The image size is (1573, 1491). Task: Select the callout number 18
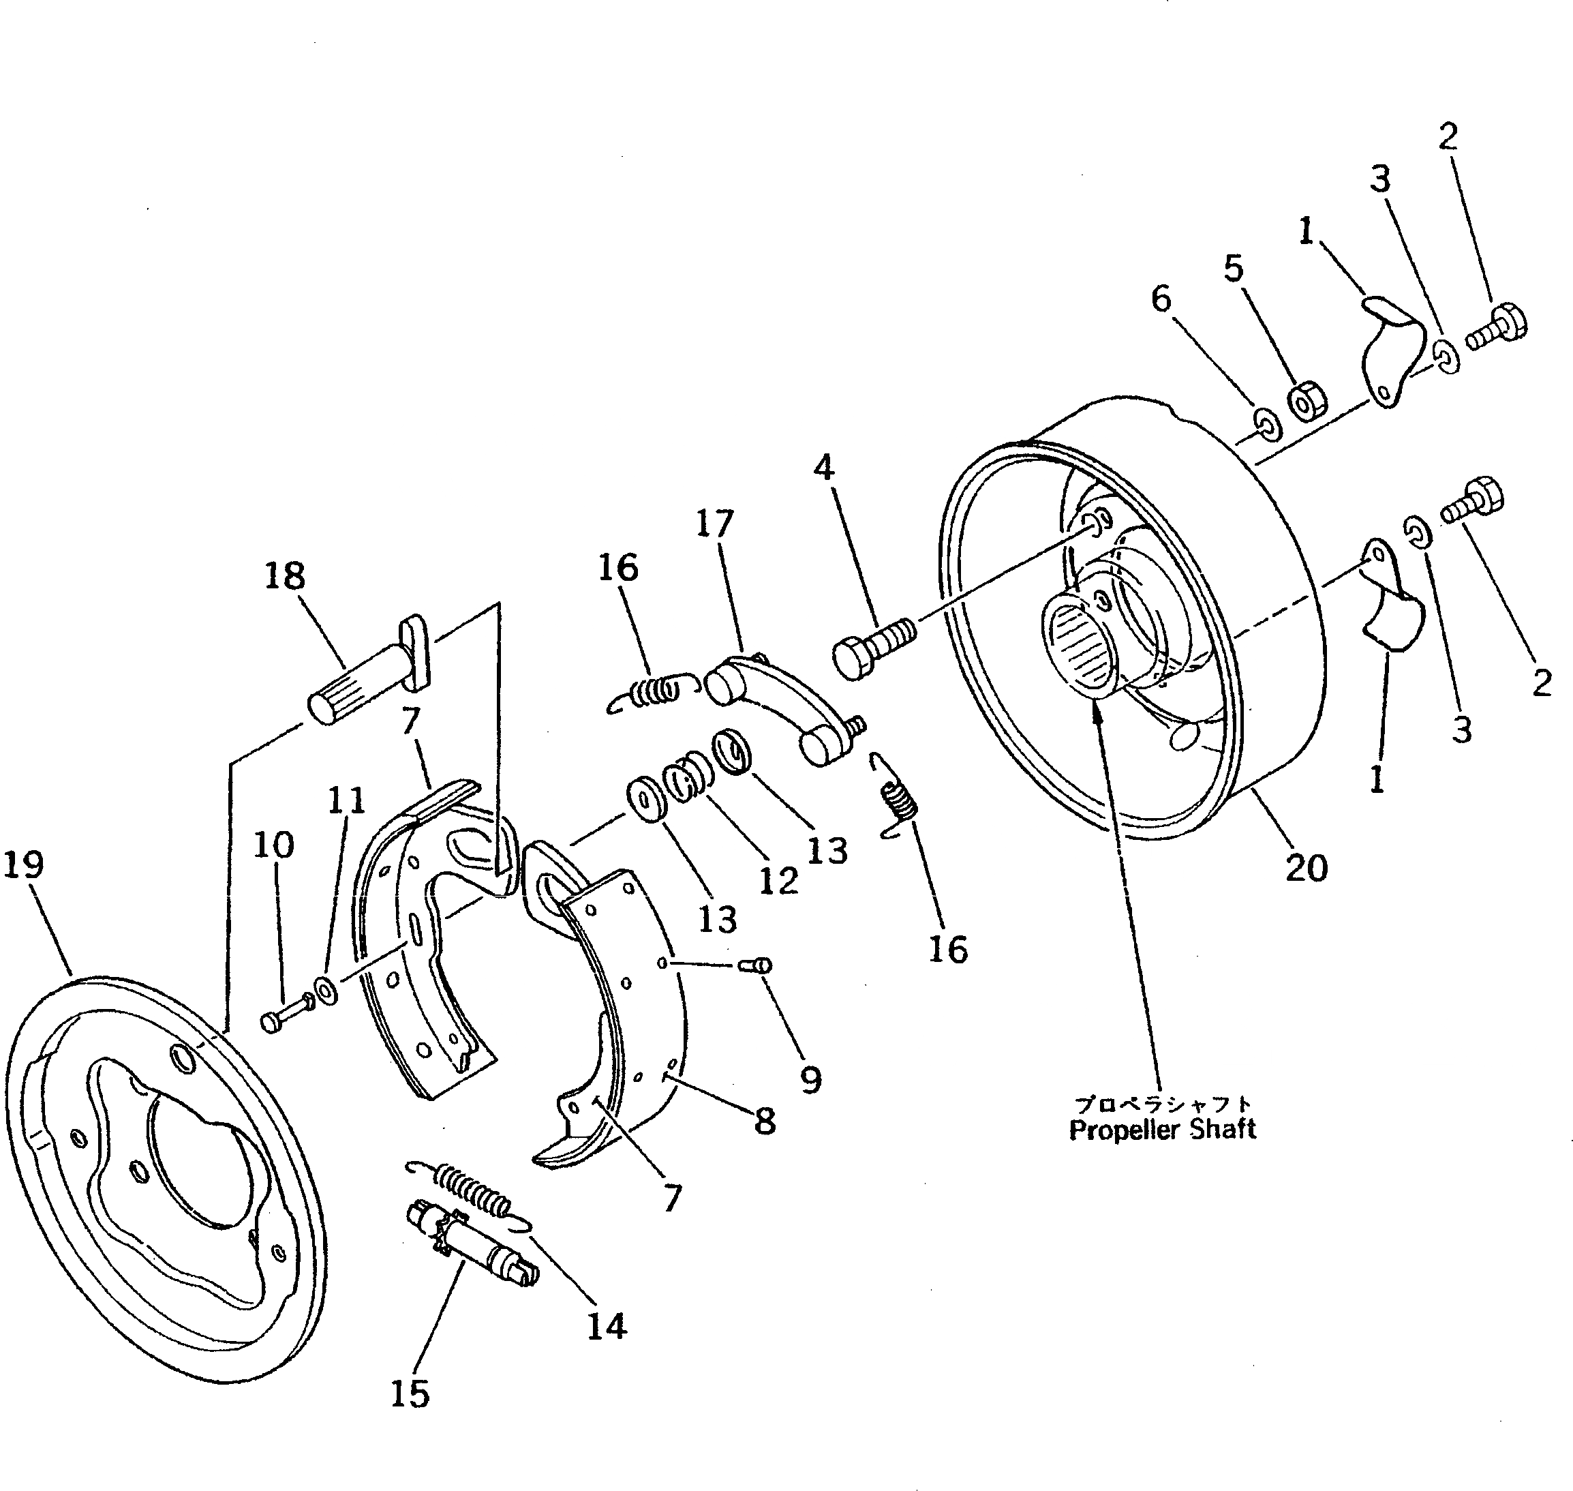[x=284, y=575]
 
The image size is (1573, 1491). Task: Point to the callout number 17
[x=714, y=524]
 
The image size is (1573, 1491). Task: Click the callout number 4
[x=824, y=467]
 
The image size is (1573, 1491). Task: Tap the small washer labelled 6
[x=1266, y=422]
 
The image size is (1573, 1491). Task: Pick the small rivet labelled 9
[x=757, y=965]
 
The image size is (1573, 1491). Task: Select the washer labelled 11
[x=326, y=991]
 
